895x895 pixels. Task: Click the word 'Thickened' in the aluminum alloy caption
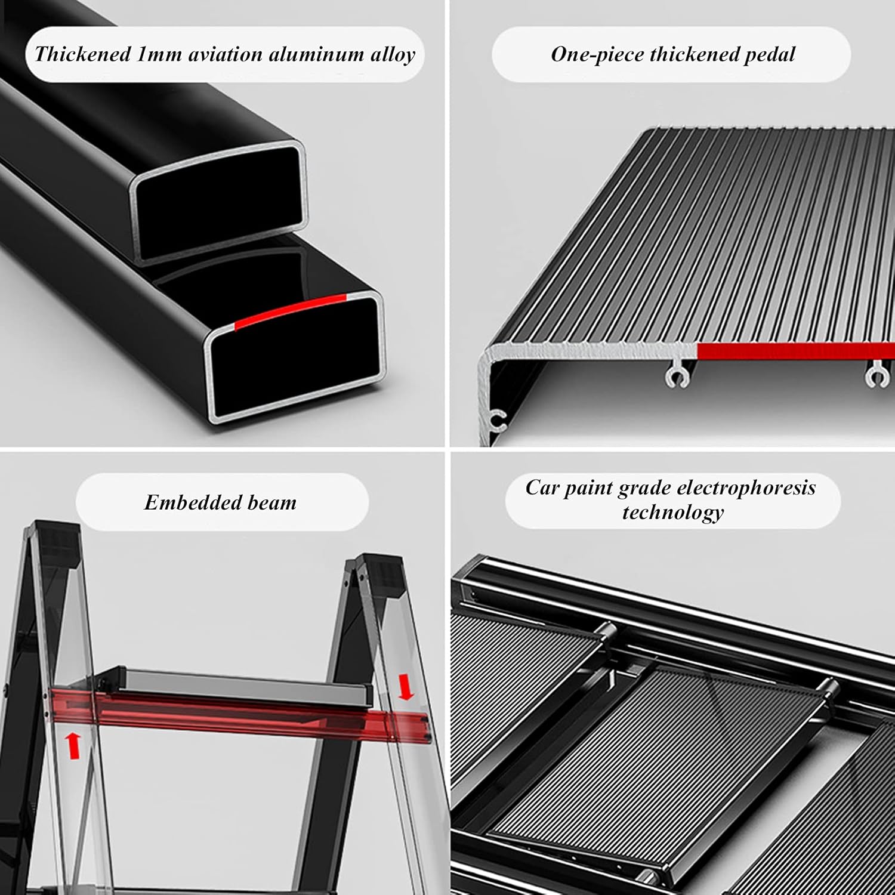point(83,54)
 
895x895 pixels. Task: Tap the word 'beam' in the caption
point(272,502)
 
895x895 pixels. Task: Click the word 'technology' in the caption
point(672,512)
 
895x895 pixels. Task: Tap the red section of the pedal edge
point(794,351)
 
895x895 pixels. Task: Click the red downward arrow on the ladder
point(406,687)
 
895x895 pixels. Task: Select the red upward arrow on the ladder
point(73,746)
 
